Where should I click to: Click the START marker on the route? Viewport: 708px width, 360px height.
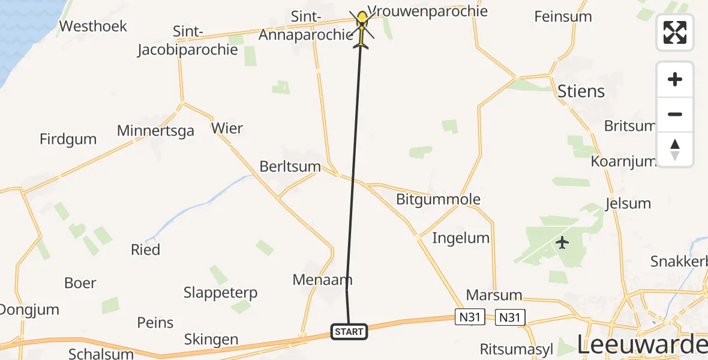pos(349,332)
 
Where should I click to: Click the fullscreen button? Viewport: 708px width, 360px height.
pos(675,32)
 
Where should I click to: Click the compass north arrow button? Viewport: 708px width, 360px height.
pos(675,149)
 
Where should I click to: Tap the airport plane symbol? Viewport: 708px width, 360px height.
pos(562,243)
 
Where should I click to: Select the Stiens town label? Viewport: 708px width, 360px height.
pos(581,92)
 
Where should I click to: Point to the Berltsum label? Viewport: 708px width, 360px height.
pos(290,166)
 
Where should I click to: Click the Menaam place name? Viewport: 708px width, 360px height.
pos(322,280)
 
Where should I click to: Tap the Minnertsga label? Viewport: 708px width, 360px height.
pos(155,131)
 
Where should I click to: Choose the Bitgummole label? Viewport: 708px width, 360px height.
pos(438,200)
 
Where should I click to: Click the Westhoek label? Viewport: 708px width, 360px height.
pos(94,26)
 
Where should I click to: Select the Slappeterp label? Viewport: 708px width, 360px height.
pos(220,293)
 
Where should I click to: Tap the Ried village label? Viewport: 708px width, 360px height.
pos(145,250)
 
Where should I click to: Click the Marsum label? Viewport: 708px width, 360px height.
pos(494,296)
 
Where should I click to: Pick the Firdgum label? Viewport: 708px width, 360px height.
pos(68,139)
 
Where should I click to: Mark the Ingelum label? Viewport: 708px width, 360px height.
pos(461,238)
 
